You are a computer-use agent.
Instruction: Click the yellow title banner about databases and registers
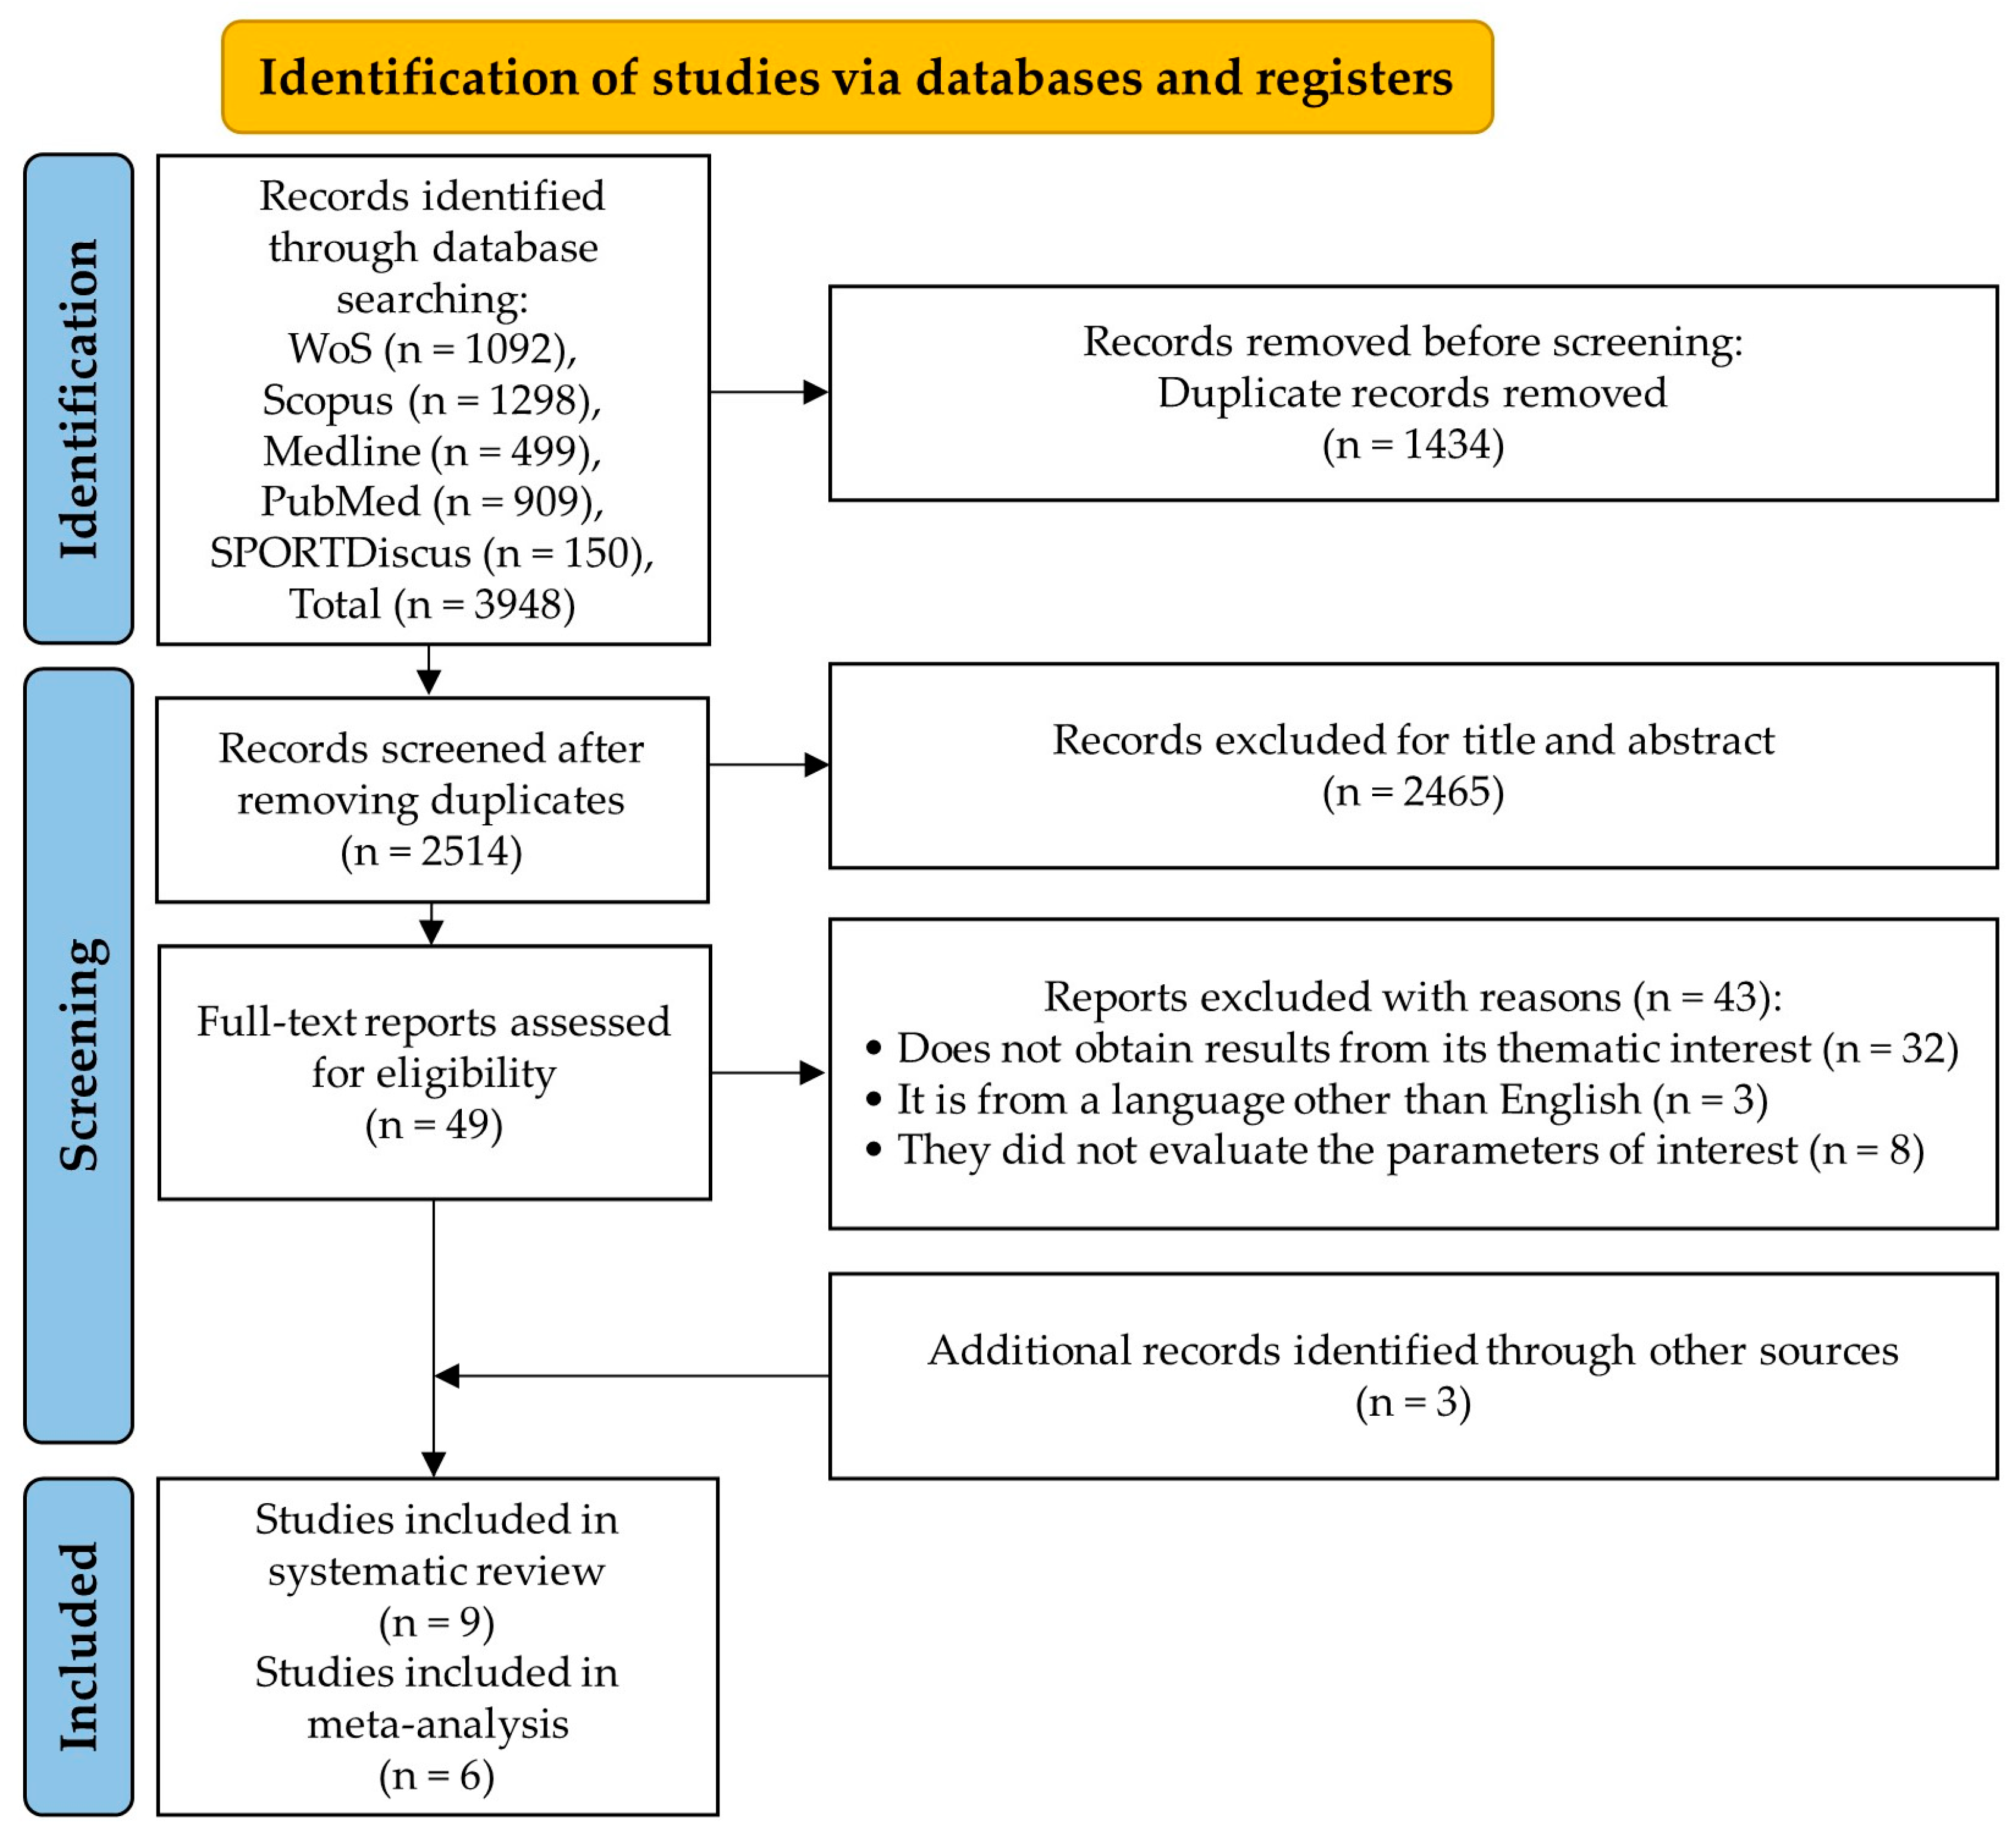point(856,77)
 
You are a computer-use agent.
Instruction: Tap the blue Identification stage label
point(78,398)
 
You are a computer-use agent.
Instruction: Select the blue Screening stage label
point(78,1054)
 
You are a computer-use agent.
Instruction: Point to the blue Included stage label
point(78,1646)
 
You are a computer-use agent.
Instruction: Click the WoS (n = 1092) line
point(432,349)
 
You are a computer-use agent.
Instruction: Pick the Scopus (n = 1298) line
point(432,400)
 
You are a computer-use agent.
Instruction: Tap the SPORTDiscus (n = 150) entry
point(432,553)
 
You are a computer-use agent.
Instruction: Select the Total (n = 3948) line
point(432,603)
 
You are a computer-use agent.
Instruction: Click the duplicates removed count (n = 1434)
point(1412,444)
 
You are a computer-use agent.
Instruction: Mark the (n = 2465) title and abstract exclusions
point(1412,791)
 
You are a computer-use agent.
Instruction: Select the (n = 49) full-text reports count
point(434,1124)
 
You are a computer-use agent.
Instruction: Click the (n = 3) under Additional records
point(1412,1402)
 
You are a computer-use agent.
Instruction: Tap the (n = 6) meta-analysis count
point(437,1775)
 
